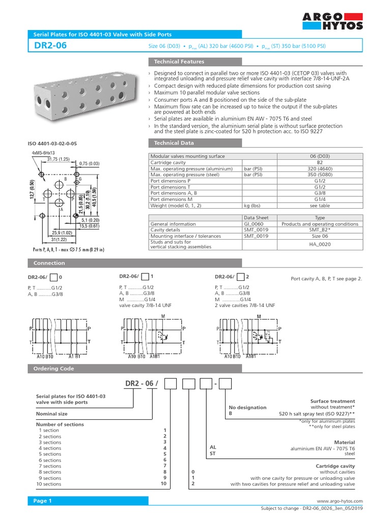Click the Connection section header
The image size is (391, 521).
(49, 263)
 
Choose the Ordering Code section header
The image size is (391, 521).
(53, 368)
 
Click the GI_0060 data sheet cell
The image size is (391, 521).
(256, 224)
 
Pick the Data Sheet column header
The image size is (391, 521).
(256, 217)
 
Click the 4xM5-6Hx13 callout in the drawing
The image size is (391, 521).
(43, 153)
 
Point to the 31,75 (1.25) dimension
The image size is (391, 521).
(59, 159)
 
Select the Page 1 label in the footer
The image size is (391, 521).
(43, 501)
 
